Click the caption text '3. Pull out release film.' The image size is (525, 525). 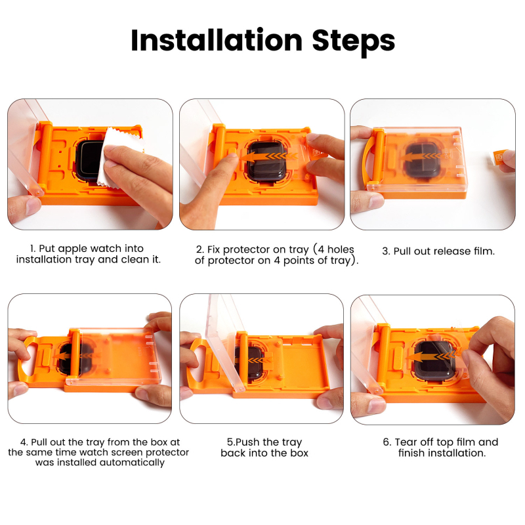[438, 251]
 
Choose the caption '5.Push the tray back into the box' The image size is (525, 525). [264, 448]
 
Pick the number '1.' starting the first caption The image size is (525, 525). [32, 249]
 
